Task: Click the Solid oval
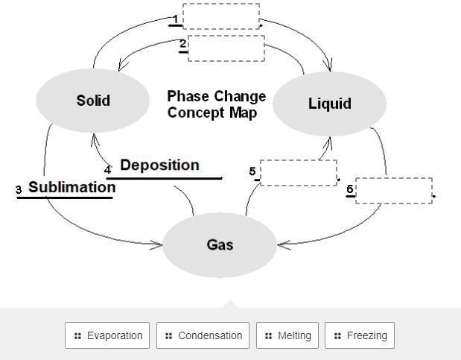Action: (93, 101)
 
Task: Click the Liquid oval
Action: (330, 104)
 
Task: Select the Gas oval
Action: (220, 244)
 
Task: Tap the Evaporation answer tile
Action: (107, 335)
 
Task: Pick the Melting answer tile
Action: (287, 335)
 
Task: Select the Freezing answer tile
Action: (360, 335)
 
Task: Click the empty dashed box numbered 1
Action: (221, 16)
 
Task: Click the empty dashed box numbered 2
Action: (226, 48)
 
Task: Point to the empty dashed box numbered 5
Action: (298, 173)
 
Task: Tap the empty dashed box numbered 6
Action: (393, 191)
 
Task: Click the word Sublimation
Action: (71, 187)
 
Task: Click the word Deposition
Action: (159, 165)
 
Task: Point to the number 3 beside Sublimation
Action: (19, 191)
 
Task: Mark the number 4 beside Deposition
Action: (108, 170)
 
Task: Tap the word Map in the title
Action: (244, 113)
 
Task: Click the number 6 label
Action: (350, 189)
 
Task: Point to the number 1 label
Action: (176, 19)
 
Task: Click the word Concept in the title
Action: (195, 113)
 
